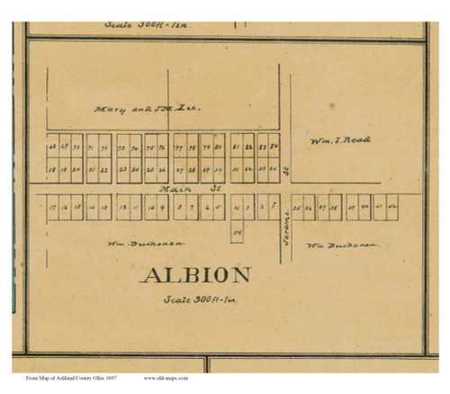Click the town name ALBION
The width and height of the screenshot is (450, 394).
click(195, 275)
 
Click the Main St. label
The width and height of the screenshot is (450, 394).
click(177, 190)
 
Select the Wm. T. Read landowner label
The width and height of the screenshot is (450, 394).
click(339, 140)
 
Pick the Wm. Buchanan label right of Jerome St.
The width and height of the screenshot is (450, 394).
click(341, 245)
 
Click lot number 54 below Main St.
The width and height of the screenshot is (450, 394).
click(237, 231)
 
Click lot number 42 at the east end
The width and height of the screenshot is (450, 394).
click(392, 207)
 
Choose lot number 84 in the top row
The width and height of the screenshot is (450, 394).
click(274, 146)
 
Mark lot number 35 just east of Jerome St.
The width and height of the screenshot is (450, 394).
click(296, 207)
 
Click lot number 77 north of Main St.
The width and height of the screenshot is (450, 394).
click(180, 146)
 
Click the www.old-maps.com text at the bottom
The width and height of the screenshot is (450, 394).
click(172, 379)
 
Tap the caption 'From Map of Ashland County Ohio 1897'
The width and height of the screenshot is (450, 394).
click(66, 379)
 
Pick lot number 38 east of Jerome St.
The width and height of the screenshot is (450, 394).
click(335, 207)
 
